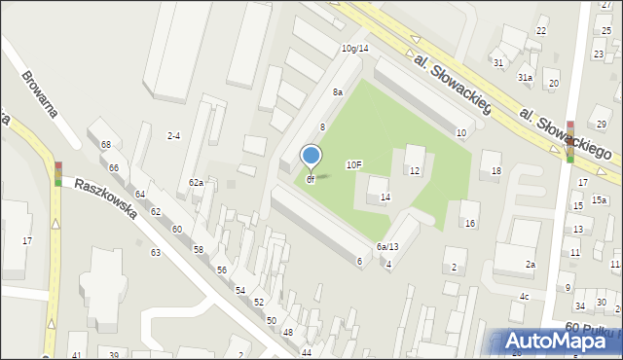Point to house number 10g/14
pyautogui.click(x=354, y=48)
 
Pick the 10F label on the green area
pyautogui.click(x=354, y=165)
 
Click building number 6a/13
pyautogui.click(x=387, y=247)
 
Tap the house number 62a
pyautogui.click(x=197, y=183)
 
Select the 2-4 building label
pyautogui.click(x=173, y=135)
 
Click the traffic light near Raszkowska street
pyautogui.click(x=57, y=173)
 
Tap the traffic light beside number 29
pyautogui.click(x=570, y=140)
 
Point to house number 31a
pyautogui.click(x=525, y=77)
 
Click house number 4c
pyautogui.click(x=524, y=297)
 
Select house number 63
pyautogui.click(x=155, y=252)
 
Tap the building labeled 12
pyautogui.click(x=414, y=171)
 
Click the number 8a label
pyautogui.click(x=337, y=91)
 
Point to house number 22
pyautogui.click(x=540, y=31)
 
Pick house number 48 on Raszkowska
pyautogui.click(x=288, y=333)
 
